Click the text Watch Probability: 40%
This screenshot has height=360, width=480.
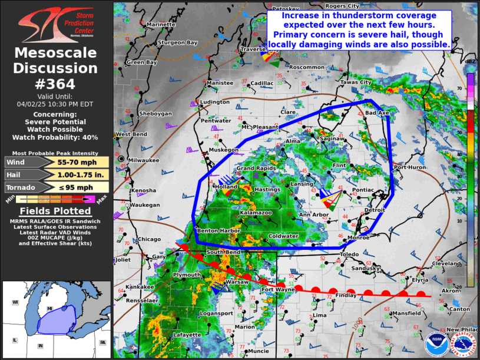click(x=55, y=137)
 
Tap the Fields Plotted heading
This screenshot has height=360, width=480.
click(x=55, y=211)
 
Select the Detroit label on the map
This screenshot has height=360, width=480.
click(x=375, y=210)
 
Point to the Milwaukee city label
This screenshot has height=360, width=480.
click(x=144, y=160)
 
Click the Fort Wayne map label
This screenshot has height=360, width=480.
click(x=278, y=290)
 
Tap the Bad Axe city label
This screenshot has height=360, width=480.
click(x=377, y=113)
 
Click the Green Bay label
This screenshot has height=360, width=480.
click(x=142, y=62)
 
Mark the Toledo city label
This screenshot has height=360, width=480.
click(x=349, y=255)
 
